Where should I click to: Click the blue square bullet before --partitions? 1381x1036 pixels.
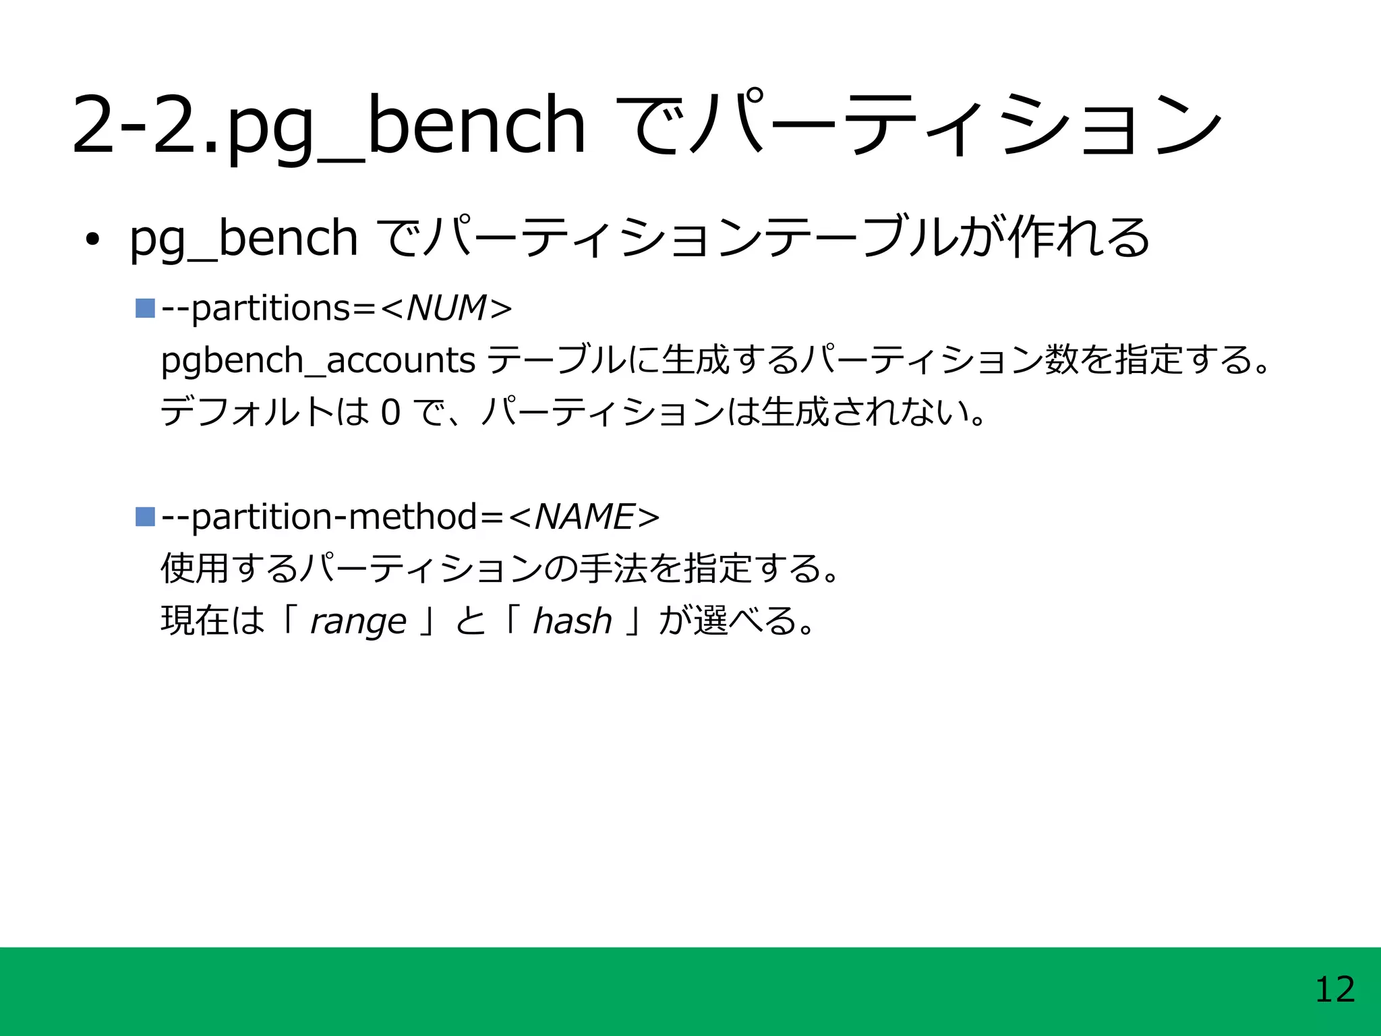[145, 308]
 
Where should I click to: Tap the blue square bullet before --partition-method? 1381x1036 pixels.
[145, 517]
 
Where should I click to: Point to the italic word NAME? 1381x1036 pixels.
[584, 517]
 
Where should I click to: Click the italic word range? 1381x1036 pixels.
[358, 621]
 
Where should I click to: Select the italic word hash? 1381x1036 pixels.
[572, 621]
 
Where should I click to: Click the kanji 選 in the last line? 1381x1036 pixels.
[711, 621]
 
